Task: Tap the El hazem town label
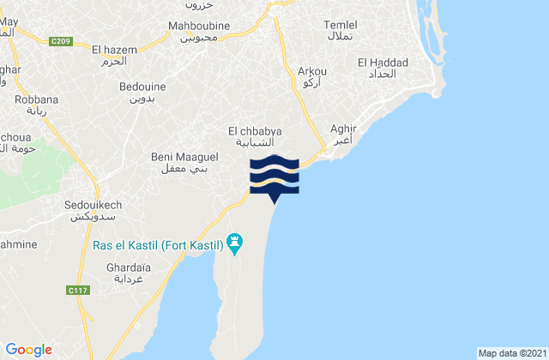click(x=114, y=50)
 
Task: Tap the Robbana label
click(x=32, y=100)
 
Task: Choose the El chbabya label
click(x=255, y=130)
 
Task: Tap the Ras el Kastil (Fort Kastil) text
click(x=157, y=246)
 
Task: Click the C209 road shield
click(x=60, y=39)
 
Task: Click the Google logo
click(x=30, y=349)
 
